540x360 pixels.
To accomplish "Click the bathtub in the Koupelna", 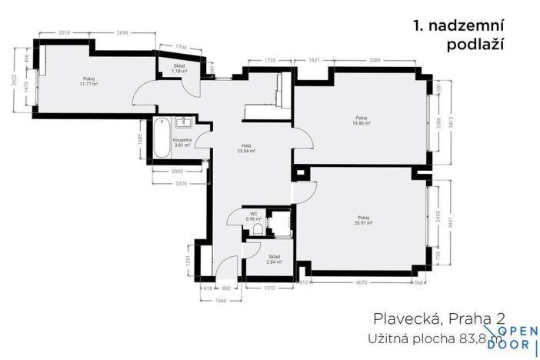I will tap(161, 138).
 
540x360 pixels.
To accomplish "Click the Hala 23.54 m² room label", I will tap(247, 148).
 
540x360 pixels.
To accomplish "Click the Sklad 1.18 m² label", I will tap(179, 69).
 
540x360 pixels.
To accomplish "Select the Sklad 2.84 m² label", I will tap(274, 259).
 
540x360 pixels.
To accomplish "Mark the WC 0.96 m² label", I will tap(254, 216).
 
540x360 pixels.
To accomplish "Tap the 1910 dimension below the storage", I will tap(269, 288).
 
